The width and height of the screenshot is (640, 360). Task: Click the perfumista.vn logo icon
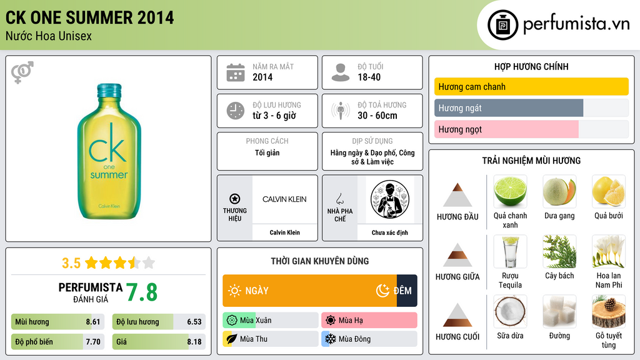click(x=502, y=25)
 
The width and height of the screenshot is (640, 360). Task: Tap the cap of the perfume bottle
click(x=109, y=91)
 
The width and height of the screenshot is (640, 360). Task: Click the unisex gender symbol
click(x=22, y=72)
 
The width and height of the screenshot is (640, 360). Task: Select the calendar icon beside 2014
click(x=236, y=72)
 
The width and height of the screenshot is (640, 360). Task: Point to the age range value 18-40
click(x=369, y=77)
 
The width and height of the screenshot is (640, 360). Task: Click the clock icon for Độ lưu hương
click(x=236, y=111)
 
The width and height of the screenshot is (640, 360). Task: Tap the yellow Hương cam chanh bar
click(x=531, y=86)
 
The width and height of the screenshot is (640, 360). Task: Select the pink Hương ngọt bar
click(x=506, y=129)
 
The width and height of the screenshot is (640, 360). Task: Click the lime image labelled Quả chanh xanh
click(x=510, y=191)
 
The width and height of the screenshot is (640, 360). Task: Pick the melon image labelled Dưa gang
click(x=559, y=191)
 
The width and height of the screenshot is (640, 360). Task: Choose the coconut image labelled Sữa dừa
click(x=510, y=311)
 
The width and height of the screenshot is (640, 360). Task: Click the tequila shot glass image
click(x=510, y=251)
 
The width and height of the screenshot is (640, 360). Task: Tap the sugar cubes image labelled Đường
click(x=559, y=311)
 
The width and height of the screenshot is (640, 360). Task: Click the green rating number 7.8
click(x=142, y=292)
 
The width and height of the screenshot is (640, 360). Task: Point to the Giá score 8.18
click(x=194, y=342)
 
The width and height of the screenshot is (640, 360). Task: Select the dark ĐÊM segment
click(x=407, y=291)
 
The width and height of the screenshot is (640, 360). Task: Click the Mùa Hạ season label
click(x=351, y=321)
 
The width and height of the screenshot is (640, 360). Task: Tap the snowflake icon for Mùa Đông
click(x=330, y=339)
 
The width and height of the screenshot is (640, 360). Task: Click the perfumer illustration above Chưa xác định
click(x=390, y=199)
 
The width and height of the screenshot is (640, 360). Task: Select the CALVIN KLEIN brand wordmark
click(x=284, y=199)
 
